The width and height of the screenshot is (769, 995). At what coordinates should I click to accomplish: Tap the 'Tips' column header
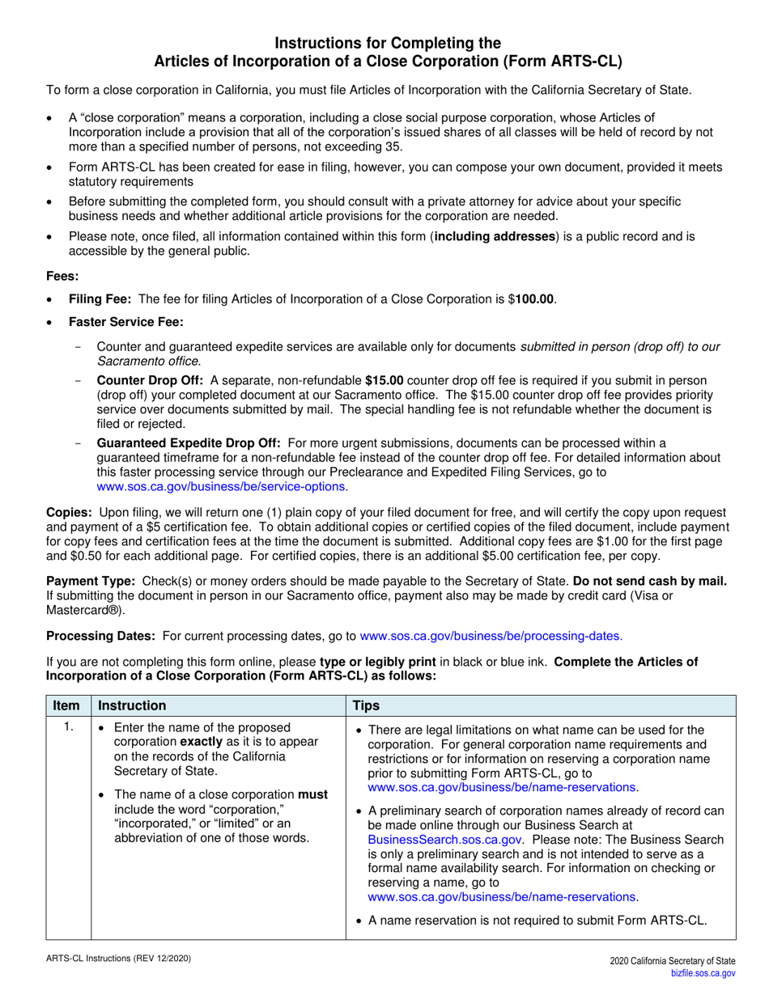click(x=368, y=705)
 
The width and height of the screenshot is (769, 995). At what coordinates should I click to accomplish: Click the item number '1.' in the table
click(x=69, y=728)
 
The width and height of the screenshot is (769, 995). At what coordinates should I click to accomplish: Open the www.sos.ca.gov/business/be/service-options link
click(x=221, y=486)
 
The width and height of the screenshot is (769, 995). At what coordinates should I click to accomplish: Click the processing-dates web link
click(x=491, y=636)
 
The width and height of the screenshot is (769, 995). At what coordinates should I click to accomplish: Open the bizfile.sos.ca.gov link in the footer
click(x=703, y=973)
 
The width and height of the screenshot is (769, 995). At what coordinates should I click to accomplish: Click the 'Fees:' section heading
click(x=62, y=276)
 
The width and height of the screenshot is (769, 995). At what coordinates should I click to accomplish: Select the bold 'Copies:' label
click(x=70, y=512)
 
